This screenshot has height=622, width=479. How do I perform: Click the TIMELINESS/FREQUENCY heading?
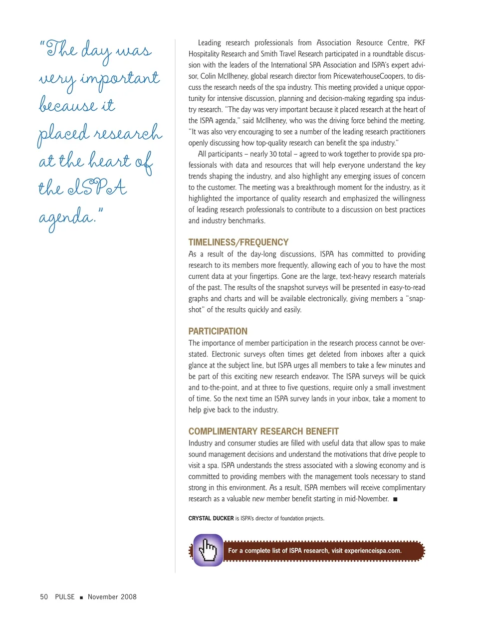coord(238,242)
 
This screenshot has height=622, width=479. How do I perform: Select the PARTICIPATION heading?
coord(218,331)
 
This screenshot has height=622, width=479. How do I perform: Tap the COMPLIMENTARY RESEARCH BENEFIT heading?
coord(263,431)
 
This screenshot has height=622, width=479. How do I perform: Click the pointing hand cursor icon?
coord(208,550)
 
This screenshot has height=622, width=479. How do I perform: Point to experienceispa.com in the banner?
coord(372,551)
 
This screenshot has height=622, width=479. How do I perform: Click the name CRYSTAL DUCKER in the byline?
coord(211,518)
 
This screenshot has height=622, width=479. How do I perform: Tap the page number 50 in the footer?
coord(44,597)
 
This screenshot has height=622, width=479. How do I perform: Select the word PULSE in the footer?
coord(65,597)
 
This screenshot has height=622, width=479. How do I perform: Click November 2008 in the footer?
coord(112,597)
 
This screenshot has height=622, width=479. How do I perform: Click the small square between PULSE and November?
coord(81,597)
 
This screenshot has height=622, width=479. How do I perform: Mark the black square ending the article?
coord(395,499)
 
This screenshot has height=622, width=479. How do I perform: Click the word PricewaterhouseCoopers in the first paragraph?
coord(368,76)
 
